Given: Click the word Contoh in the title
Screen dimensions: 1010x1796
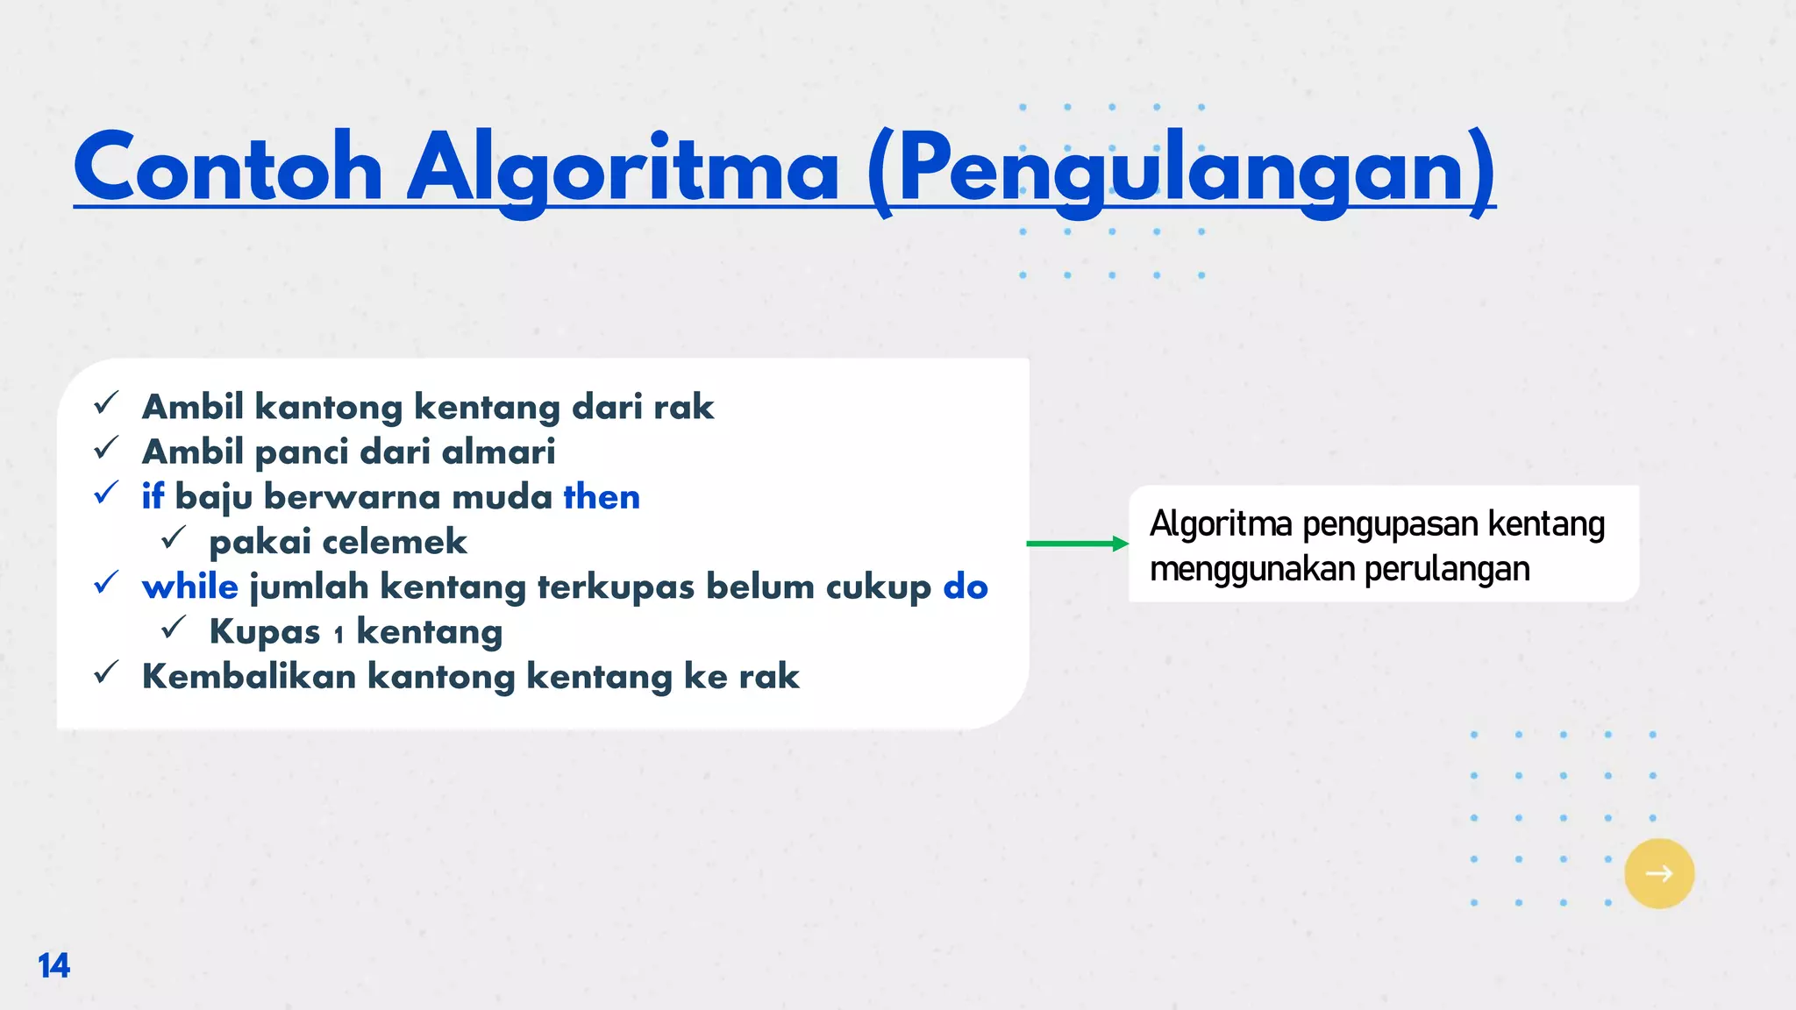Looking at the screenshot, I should [x=228, y=168].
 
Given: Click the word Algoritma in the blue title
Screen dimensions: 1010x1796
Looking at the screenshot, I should [x=624, y=168].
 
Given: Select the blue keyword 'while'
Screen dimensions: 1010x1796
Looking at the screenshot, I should [x=189, y=587].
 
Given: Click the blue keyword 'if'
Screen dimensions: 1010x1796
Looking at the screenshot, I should [x=153, y=496].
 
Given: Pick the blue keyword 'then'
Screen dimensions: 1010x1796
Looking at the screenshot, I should [x=602, y=496].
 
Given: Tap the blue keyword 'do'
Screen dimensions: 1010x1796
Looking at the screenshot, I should [x=966, y=587].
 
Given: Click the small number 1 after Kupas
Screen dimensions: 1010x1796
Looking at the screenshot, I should [x=339, y=635].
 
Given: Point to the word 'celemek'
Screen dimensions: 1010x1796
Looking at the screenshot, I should [x=395, y=542].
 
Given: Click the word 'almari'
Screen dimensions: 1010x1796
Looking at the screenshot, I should [x=498, y=452].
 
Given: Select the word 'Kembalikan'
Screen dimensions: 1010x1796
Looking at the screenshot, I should [x=249, y=676].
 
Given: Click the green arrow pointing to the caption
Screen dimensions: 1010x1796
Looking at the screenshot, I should [x=1077, y=544].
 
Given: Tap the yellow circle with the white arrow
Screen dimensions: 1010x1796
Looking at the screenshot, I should [x=1658, y=873].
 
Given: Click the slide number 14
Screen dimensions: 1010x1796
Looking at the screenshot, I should [x=53, y=965].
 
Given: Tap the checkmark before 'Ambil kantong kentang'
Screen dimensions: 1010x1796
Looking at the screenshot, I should [x=106, y=403].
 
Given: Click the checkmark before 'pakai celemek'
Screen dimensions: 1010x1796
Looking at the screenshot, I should [x=174, y=537].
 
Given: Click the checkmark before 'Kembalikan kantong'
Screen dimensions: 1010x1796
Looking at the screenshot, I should [x=106, y=672].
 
